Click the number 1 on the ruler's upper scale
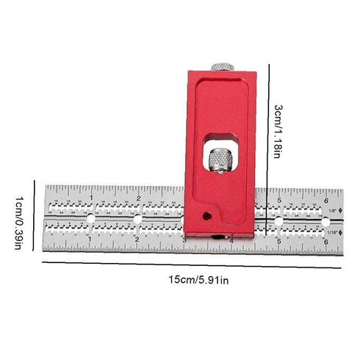pyautogui.click(x=91, y=199)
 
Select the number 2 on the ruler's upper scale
pyautogui.click(x=138, y=199)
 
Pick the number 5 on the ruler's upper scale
pyautogui.click(x=278, y=199)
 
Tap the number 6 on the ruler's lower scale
pyautogui.click(x=325, y=240)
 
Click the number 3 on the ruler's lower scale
pyautogui.click(x=184, y=240)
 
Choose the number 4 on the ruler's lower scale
pyautogui.click(x=231, y=240)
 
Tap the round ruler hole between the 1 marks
pyautogui.click(x=91, y=220)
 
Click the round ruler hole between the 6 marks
pyautogui.click(x=325, y=220)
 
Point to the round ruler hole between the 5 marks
pyautogui.click(x=278, y=220)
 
